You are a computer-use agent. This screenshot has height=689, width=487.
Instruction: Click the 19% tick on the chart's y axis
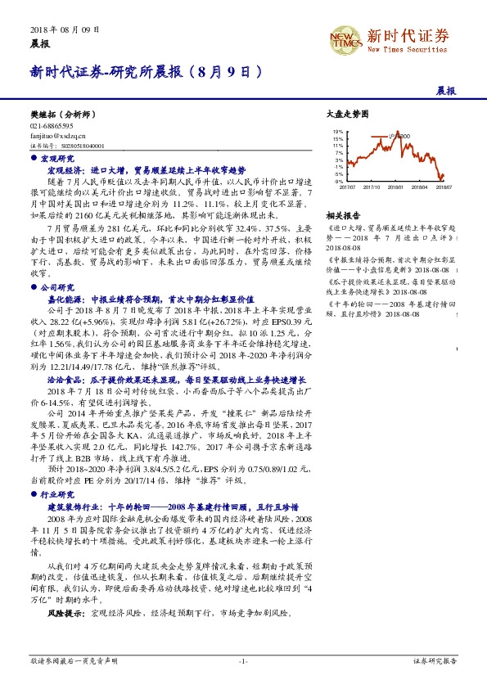(x=337, y=131)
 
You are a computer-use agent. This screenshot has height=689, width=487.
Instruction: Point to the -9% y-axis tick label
(x=337, y=180)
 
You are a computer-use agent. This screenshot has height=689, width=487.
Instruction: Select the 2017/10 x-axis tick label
(x=372, y=187)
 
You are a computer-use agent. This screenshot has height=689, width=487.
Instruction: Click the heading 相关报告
(x=340, y=214)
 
